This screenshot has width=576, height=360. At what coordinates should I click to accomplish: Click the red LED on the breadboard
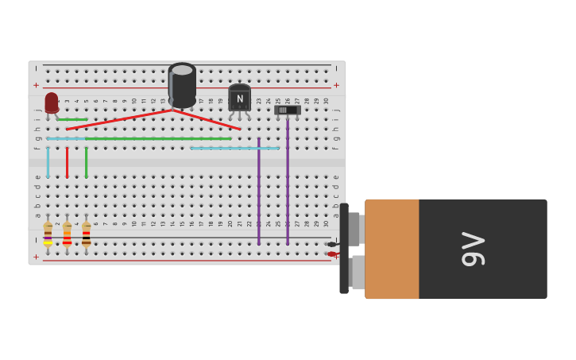click(52, 103)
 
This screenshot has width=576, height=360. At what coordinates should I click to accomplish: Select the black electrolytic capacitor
click(182, 85)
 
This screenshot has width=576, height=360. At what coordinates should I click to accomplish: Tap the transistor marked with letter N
click(239, 99)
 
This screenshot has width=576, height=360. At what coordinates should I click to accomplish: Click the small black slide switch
click(288, 110)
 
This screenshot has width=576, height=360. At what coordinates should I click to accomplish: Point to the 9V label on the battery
click(474, 249)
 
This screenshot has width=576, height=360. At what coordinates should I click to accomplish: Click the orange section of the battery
click(392, 249)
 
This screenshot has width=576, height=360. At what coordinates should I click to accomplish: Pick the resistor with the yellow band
click(48, 234)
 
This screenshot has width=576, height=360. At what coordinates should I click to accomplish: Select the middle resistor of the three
click(67, 234)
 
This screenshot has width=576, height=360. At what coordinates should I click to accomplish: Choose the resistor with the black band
click(86, 234)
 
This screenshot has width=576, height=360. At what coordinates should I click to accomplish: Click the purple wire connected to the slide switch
click(288, 183)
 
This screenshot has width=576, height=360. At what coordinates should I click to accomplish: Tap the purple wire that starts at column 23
click(258, 191)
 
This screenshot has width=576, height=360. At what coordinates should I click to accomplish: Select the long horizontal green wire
click(159, 138)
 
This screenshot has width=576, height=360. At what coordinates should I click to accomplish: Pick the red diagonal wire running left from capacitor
click(119, 119)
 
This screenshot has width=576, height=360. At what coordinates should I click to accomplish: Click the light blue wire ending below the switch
click(234, 148)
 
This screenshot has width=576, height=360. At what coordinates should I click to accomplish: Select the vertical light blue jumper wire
click(48, 159)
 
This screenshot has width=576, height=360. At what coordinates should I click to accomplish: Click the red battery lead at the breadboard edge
click(331, 254)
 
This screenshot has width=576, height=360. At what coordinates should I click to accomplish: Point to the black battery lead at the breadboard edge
click(331, 244)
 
